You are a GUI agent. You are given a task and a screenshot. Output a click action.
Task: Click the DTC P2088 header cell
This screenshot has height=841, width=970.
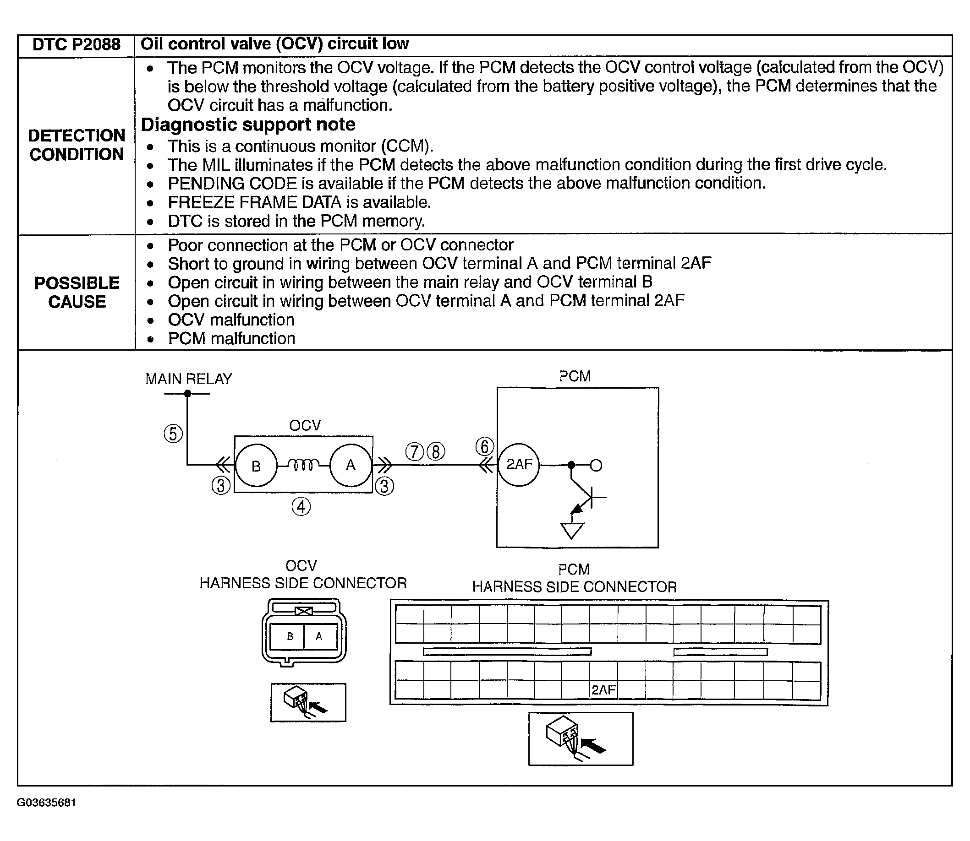click(76, 44)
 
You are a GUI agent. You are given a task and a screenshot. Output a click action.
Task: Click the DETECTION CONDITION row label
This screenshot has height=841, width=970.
click(77, 145)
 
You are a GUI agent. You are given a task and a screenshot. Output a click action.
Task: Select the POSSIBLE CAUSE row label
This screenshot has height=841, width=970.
click(77, 293)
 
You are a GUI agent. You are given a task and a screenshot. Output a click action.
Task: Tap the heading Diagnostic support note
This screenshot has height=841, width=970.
click(248, 125)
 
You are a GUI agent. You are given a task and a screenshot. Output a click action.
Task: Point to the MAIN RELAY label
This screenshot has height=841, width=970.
click(189, 379)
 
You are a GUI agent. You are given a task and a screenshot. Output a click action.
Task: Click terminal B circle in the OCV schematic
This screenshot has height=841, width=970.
click(256, 466)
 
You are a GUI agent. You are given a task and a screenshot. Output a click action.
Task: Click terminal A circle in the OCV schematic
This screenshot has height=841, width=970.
click(351, 465)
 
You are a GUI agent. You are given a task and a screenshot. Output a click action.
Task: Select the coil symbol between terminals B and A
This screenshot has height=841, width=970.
click(303, 465)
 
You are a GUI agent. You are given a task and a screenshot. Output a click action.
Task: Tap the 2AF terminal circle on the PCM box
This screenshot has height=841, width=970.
click(519, 465)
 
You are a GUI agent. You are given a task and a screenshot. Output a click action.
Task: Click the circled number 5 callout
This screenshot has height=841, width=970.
click(173, 434)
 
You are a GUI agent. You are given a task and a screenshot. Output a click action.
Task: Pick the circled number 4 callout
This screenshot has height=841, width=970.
click(301, 507)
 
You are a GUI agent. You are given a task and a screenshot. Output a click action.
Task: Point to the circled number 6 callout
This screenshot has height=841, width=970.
click(485, 446)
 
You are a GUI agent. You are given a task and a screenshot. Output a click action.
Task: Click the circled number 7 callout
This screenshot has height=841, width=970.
click(414, 451)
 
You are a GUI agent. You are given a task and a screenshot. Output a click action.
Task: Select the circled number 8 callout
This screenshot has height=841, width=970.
click(436, 451)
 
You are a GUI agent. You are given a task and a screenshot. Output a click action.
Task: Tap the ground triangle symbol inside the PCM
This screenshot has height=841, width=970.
click(572, 530)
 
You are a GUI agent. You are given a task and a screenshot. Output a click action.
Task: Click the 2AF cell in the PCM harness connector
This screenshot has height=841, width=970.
click(603, 689)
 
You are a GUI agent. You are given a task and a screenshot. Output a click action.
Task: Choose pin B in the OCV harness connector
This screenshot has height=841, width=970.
click(290, 636)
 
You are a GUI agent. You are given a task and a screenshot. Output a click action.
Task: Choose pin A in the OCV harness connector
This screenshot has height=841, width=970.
click(319, 636)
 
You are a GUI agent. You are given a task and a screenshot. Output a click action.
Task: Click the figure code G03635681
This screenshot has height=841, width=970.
click(46, 803)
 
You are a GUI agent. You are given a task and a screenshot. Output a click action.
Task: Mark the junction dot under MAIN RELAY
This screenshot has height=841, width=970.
click(187, 393)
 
